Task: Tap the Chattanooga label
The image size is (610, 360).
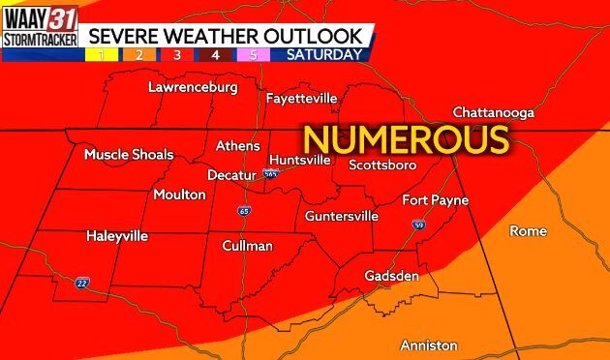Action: click(494, 113)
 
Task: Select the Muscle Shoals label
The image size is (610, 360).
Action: click(129, 154)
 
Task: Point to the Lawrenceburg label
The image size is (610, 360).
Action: click(193, 88)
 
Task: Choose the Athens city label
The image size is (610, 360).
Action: click(237, 146)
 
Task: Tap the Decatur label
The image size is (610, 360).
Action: click(232, 175)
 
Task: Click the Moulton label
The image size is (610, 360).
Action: click(179, 195)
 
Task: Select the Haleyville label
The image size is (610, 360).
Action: click(117, 235)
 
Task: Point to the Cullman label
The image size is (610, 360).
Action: click(247, 246)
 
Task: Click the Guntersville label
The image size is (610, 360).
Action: click(341, 216)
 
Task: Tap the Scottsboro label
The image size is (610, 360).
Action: click(381, 164)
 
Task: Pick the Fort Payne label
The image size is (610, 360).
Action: click(435, 200)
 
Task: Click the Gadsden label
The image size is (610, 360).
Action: click(391, 276)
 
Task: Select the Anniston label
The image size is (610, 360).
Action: click(429, 345)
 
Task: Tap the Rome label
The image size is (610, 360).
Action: click(528, 231)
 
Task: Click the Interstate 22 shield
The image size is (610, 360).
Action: click(83, 283)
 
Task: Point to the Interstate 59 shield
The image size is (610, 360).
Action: click(418, 225)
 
